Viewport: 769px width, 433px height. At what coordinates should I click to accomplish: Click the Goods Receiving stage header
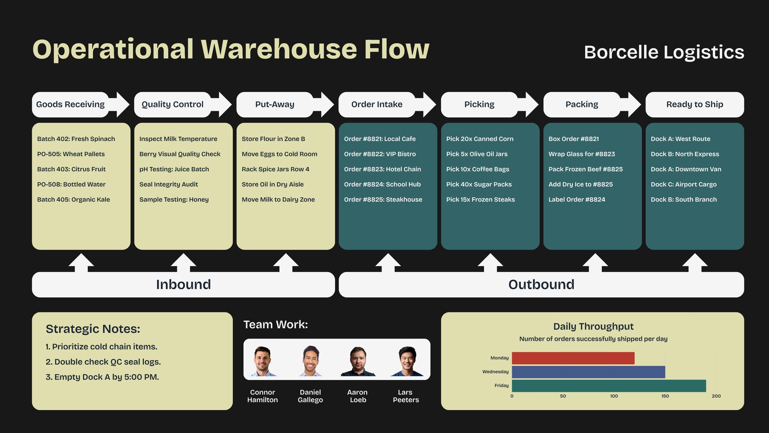coord(70,104)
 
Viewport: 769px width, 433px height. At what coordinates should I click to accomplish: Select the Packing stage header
coord(582,104)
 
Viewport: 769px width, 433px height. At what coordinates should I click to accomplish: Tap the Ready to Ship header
coord(695,104)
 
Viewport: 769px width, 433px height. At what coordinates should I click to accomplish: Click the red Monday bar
coord(573,358)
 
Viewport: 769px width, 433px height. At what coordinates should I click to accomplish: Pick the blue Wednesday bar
coord(588,372)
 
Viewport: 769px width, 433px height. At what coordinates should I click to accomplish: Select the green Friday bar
coord(608,385)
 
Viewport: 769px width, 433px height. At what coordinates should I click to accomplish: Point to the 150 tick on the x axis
coord(665,396)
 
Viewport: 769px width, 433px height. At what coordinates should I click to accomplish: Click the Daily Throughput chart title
coord(593,327)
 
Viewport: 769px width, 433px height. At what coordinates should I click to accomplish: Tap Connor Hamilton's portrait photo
coord(262,361)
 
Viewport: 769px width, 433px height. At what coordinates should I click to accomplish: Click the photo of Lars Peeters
coord(407,361)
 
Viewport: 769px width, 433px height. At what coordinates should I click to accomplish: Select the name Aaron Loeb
coord(358,396)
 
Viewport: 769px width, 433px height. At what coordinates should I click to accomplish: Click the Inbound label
coord(183,284)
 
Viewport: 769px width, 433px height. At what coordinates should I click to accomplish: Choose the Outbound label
coord(541,284)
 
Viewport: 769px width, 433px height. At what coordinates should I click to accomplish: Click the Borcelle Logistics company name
coord(664,52)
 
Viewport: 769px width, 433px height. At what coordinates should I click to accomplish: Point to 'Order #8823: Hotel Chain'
coord(383,169)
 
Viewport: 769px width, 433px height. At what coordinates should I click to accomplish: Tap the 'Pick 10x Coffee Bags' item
coord(478,169)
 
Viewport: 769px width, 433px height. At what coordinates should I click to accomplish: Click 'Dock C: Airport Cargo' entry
coord(683,184)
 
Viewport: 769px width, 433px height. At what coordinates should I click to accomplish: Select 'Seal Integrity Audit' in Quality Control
coord(169,184)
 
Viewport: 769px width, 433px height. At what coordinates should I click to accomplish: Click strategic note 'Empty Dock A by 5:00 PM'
coord(102,377)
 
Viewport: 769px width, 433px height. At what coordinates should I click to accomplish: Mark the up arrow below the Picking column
coord(490,263)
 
